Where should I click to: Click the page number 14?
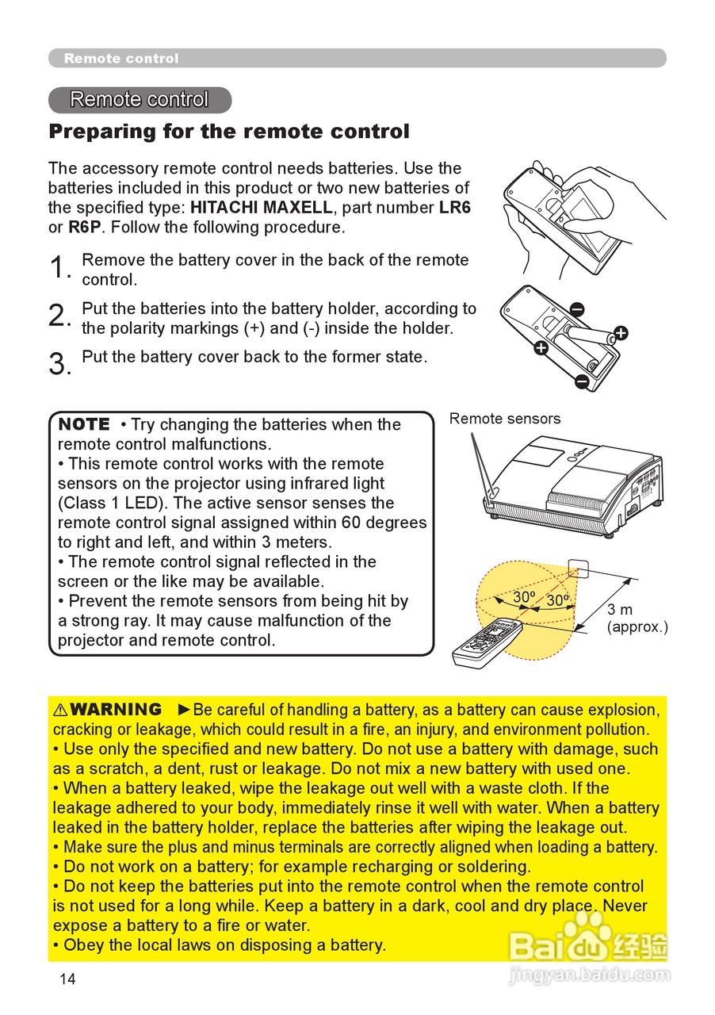tap(67, 979)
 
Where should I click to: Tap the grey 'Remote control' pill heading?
tap(140, 100)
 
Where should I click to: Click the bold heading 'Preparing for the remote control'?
tap(229, 132)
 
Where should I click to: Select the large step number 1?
tap(59, 268)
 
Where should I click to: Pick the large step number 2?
tap(59, 316)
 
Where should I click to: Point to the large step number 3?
tap(59, 364)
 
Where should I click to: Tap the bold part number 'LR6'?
tap(455, 208)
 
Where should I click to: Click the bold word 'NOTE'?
tap(84, 424)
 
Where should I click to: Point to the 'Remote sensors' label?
tap(505, 419)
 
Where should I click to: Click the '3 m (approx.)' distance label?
tap(637, 619)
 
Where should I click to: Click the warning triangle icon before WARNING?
tap(60, 710)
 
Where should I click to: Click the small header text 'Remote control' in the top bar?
tap(121, 59)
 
